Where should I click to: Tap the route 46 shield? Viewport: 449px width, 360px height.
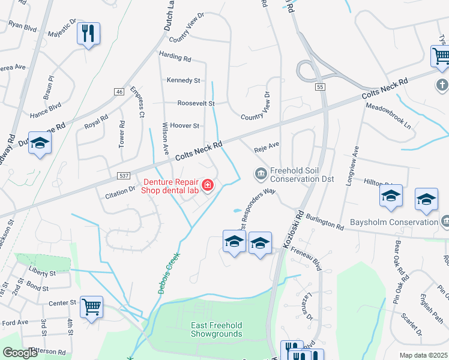tap(119, 91)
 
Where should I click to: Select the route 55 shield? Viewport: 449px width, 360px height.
tap(321, 88)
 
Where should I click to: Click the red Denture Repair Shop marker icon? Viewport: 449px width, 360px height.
tap(208, 185)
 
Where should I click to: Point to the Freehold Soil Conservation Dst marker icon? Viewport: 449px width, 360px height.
tap(261, 174)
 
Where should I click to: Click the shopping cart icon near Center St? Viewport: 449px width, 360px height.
tap(91, 307)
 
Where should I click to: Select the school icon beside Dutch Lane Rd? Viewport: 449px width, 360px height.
tap(40, 143)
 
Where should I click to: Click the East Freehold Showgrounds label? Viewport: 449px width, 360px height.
tap(217, 329)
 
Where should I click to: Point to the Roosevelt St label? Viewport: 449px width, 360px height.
tap(196, 103)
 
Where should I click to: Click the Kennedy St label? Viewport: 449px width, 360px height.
tap(184, 80)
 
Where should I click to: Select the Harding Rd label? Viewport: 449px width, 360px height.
tap(175, 58)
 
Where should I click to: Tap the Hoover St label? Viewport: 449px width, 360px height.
tap(184, 125)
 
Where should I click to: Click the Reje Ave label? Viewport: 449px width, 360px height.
tap(268, 145)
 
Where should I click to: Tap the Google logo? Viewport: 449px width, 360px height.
tap(20, 353)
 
